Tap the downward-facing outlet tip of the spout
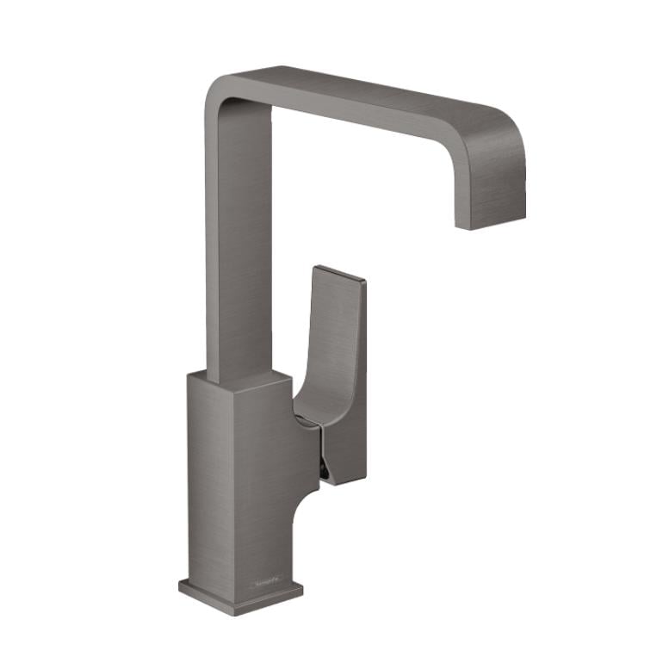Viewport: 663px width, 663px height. pyautogui.click(x=489, y=223)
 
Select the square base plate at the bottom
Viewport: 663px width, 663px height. pyautogui.click(x=241, y=593)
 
